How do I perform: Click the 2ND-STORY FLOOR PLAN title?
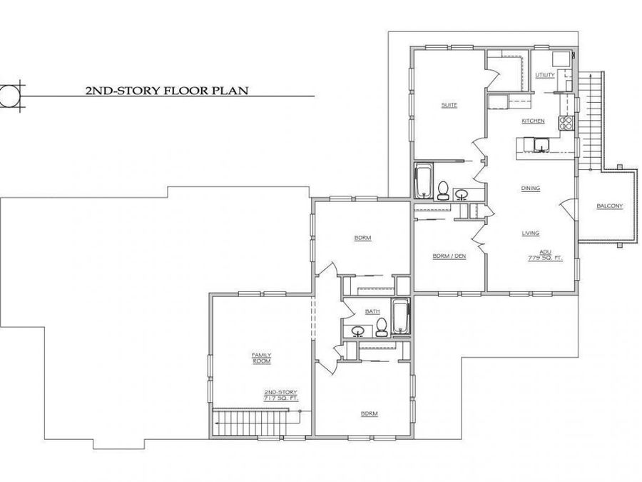coord(167,90)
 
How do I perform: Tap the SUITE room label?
coord(449,106)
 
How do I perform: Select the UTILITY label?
coord(545,75)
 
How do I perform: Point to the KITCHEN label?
coord(533,121)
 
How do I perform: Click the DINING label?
coord(531,188)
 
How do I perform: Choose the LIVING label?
coord(531,234)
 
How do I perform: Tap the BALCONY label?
coord(610,206)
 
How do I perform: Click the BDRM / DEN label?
coord(449,256)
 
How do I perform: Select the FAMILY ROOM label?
coord(262,358)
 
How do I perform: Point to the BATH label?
coord(372,311)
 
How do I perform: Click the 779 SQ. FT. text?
coord(546,258)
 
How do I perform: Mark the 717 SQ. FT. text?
coord(281,398)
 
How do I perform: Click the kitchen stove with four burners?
coord(566,123)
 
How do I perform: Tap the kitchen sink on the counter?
coord(541,145)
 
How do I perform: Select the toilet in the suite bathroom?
coord(443,190)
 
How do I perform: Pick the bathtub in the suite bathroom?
coord(423,181)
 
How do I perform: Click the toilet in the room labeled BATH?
coord(382,327)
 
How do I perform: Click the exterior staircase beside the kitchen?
coord(591,121)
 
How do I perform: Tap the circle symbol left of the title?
coord(9,95)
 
